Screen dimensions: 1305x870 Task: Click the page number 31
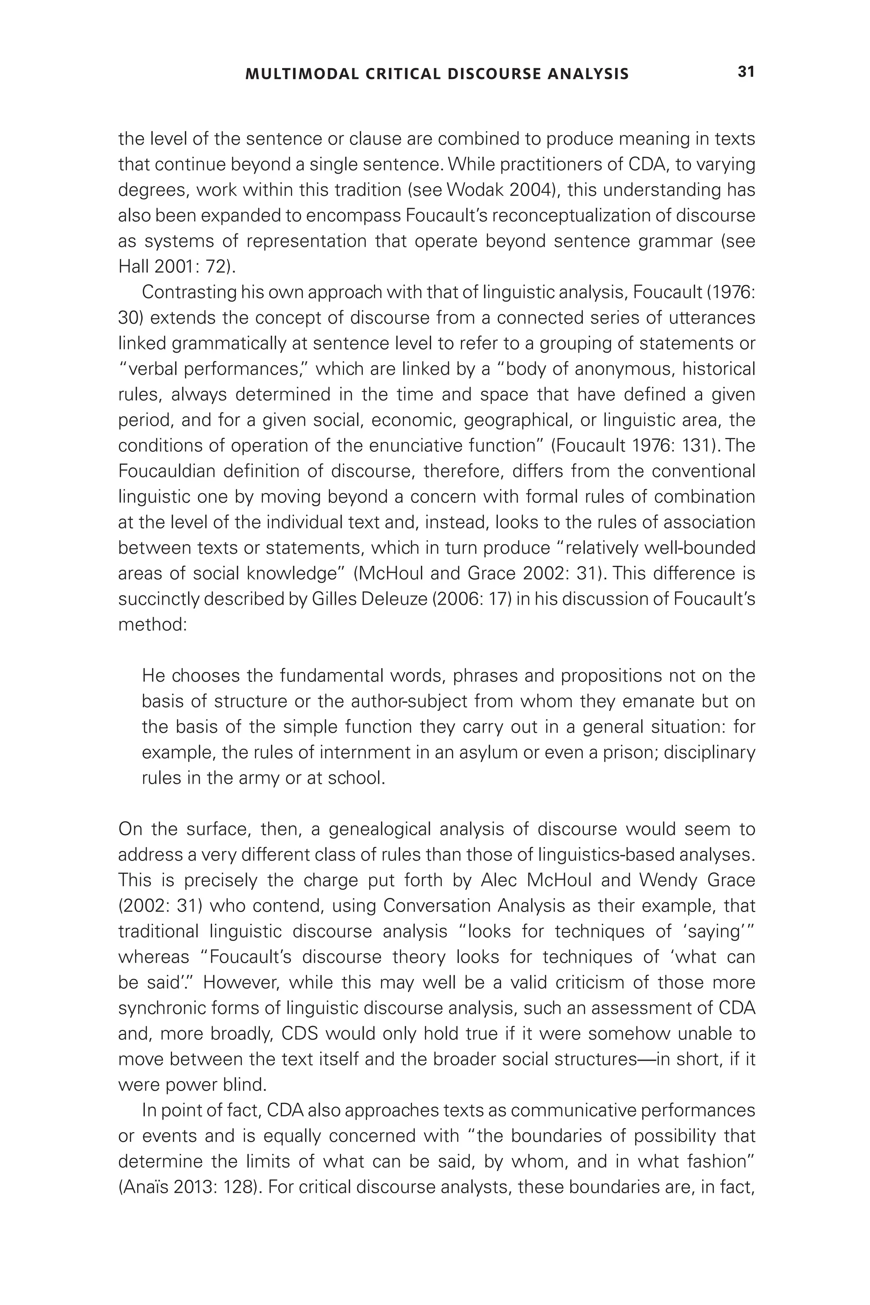click(x=746, y=72)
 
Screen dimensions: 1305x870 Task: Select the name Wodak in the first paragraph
click(x=473, y=190)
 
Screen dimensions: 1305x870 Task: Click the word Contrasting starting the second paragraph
click(x=189, y=292)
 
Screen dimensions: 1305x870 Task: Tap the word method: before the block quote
click(x=153, y=624)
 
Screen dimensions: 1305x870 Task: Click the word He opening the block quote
click(x=153, y=675)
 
